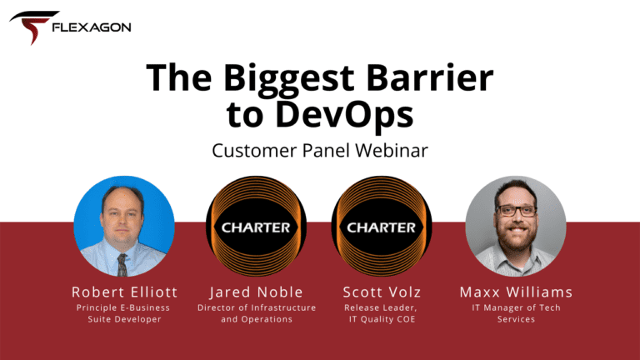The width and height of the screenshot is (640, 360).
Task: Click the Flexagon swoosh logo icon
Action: (33, 27)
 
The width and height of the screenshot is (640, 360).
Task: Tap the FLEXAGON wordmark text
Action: (92, 27)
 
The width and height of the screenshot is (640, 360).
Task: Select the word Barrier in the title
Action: (430, 77)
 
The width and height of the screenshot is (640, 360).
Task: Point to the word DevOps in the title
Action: (344, 115)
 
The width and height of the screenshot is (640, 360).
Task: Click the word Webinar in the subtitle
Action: (392, 150)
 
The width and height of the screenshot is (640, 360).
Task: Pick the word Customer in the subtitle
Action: (254, 150)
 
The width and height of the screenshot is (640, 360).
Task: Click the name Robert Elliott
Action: (124, 292)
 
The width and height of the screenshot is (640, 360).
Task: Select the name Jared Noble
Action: (257, 292)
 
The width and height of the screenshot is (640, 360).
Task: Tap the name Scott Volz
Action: (382, 292)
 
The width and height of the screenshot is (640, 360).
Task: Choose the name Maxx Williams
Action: (517, 292)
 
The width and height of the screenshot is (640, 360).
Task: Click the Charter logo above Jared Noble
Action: (257, 227)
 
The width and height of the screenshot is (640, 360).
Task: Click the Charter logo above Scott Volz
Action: (382, 227)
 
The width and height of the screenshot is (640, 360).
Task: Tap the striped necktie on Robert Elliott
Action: (122, 264)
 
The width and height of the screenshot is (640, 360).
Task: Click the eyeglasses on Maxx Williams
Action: (516, 211)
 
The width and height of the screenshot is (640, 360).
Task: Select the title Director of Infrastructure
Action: (257, 307)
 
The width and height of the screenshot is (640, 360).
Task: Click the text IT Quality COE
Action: (382, 319)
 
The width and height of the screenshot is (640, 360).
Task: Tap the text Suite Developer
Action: (124, 319)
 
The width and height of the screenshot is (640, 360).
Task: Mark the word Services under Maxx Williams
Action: (516, 319)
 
